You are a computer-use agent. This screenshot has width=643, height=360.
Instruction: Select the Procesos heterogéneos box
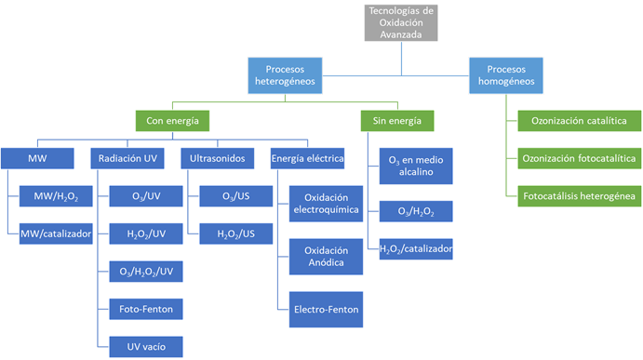286,74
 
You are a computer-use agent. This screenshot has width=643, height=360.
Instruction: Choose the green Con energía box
172,120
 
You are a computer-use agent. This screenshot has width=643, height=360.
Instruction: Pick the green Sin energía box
396,120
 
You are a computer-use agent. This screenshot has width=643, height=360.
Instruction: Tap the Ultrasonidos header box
218,158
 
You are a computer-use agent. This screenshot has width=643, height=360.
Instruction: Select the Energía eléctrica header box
307,158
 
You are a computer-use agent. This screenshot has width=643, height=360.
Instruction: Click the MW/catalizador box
55,233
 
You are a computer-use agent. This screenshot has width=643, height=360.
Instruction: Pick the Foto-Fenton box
146,308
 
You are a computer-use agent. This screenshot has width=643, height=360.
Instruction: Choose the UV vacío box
146,346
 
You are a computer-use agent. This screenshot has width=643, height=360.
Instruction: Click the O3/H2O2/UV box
146,271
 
